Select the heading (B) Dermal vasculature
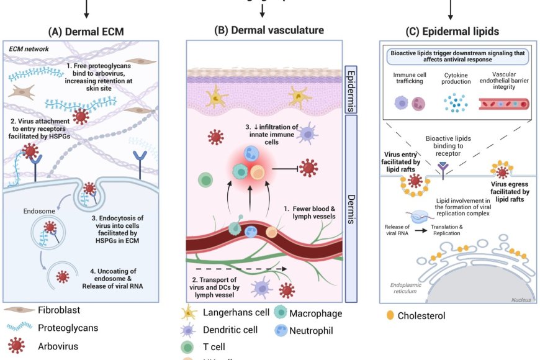(x=269, y=30)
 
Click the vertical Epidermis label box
(x=349, y=90)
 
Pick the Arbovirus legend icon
(x=19, y=346)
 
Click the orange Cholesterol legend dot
(x=390, y=316)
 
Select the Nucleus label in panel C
(x=521, y=299)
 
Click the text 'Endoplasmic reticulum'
(x=410, y=288)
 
